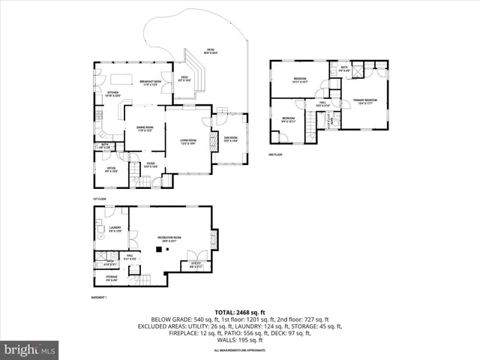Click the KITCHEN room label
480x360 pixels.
point(104,93)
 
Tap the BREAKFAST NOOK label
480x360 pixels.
point(151,82)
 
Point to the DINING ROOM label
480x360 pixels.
point(145,128)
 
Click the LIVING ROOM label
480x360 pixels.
point(187,141)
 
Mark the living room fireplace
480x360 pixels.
point(210,122)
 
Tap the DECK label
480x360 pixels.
point(184,77)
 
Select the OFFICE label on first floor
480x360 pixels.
point(110,169)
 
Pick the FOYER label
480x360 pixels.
point(151,164)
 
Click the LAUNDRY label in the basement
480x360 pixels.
point(115,229)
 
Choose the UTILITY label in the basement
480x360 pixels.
point(195,264)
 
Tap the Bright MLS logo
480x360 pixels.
point(30,349)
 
